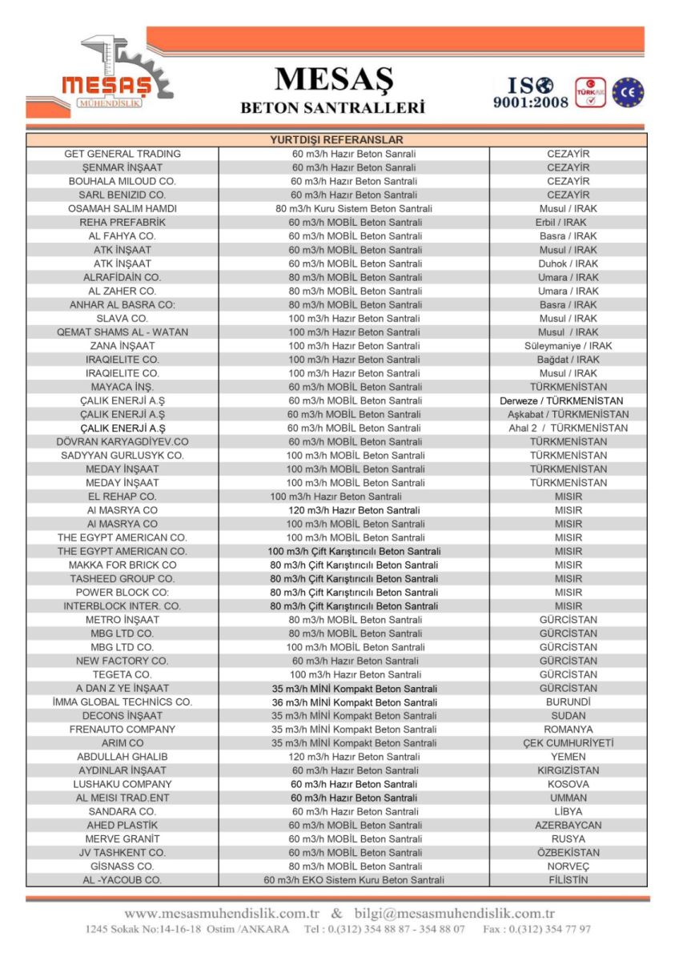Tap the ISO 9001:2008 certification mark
(x=530, y=93)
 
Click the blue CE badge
(x=628, y=93)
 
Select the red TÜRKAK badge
(x=591, y=93)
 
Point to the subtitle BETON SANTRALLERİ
(x=333, y=107)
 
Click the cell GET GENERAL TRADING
(x=123, y=154)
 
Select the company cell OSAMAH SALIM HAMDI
(x=123, y=208)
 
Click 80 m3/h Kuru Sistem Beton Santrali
(x=354, y=208)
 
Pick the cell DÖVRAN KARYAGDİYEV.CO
(x=123, y=441)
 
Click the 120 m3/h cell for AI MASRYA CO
(x=354, y=510)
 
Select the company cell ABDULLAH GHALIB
(x=123, y=757)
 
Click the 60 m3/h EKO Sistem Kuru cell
(x=354, y=880)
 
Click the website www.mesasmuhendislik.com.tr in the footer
(x=222, y=913)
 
